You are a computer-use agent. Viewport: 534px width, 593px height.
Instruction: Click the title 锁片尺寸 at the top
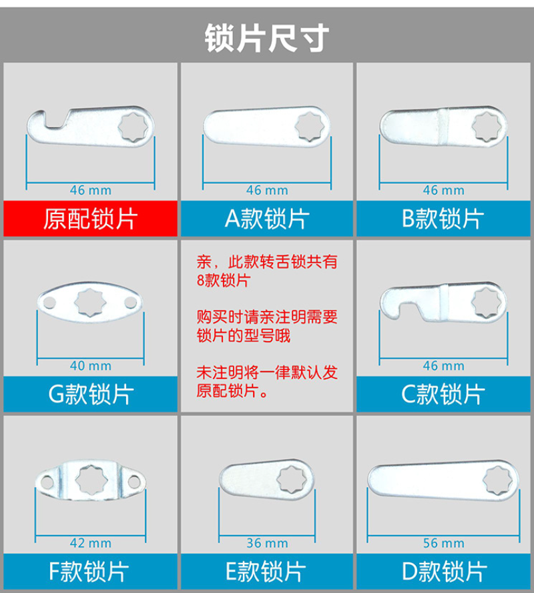point(267,38)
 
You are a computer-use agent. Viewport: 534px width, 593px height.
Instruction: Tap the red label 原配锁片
point(90,219)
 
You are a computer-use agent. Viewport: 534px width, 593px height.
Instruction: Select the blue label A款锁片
point(267,219)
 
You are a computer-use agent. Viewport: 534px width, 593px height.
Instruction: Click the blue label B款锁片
point(443,219)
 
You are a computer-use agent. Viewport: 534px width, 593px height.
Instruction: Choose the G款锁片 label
point(91,394)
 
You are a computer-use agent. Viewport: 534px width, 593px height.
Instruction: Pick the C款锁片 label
point(443,394)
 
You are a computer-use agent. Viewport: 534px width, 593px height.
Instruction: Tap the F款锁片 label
point(89,571)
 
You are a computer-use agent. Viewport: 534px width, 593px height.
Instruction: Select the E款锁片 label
point(266,571)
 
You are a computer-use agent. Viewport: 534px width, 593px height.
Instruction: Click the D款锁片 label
point(445,571)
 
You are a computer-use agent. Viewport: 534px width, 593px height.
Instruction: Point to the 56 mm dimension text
point(443,543)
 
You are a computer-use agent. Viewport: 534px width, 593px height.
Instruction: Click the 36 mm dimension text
point(267,543)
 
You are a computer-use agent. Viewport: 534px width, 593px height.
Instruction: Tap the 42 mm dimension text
point(91,543)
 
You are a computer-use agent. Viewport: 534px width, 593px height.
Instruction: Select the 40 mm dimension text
point(91,366)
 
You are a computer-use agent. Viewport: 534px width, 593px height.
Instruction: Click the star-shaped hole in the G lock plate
point(89,302)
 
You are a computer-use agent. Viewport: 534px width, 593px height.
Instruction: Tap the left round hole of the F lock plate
point(47,482)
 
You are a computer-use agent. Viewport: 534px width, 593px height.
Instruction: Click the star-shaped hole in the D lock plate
point(498,480)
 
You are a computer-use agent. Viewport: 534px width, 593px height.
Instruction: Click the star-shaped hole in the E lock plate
point(292,480)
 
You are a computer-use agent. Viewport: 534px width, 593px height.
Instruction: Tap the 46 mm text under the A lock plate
point(267,190)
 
